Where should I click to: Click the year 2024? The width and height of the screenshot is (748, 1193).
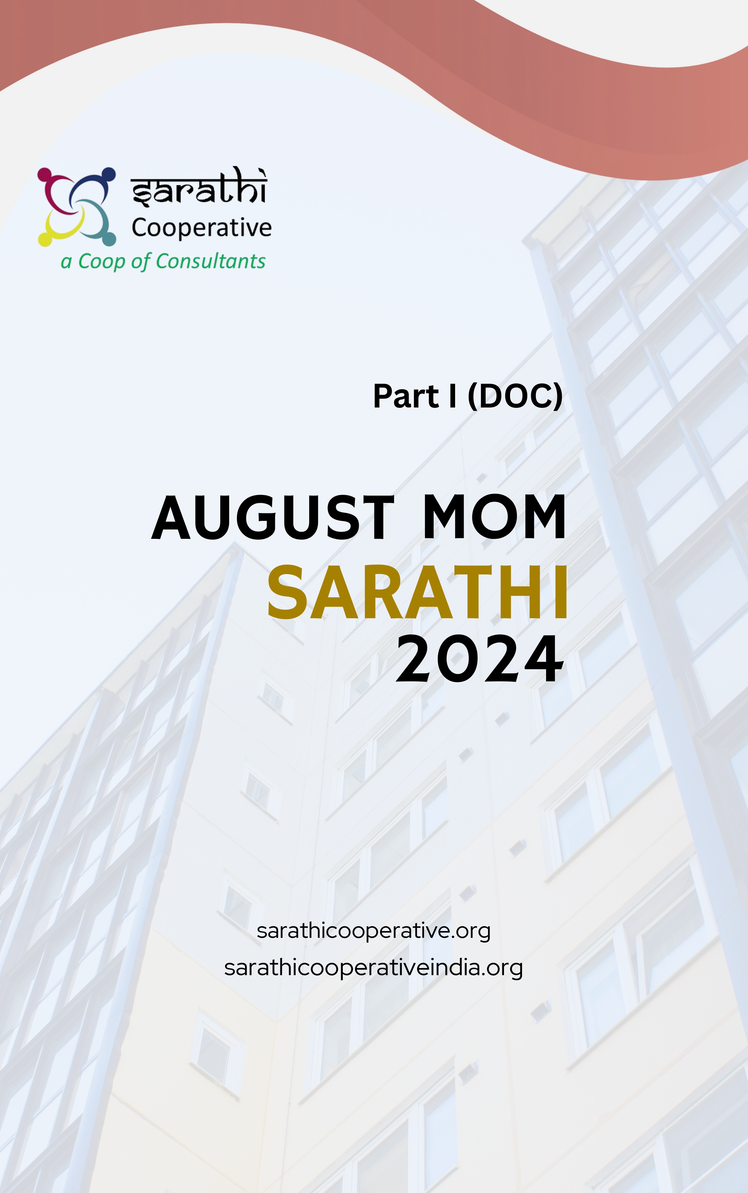click(x=479, y=659)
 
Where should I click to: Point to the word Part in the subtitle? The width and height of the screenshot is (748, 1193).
click(x=406, y=396)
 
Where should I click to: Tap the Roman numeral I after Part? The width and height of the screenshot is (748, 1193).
click(x=452, y=396)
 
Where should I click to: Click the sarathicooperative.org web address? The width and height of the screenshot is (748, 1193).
click(x=374, y=931)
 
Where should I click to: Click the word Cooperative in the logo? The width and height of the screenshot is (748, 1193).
click(x=201, y=228)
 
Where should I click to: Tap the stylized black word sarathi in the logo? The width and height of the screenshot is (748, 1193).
click(x=199, y=187)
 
